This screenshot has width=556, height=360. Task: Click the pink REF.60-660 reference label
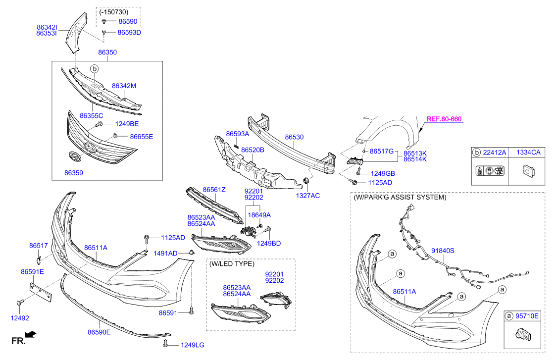[x=444, y=119]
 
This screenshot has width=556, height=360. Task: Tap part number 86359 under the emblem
[x=73, y=173]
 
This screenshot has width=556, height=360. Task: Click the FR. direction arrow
[x=31, y=334]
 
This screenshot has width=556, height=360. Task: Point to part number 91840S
[x=443, y=251]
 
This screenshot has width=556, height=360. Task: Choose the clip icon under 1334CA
[x=528, y=171]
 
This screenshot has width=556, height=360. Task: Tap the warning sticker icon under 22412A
[x=490, y=171]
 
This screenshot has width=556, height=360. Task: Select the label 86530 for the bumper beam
[x=294, y=137]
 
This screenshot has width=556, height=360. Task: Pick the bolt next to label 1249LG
[x=165, y=343]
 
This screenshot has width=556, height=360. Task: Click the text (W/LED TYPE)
[x=232, y=264]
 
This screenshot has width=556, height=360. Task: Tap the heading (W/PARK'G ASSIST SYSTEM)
[x=400, y=197]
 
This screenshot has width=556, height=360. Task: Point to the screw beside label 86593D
[x=104, y=32]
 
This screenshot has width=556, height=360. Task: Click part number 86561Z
[x=214, y=190]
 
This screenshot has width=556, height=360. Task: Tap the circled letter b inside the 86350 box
[x=95, y=68]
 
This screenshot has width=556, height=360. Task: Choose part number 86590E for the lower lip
[x=99, y=332]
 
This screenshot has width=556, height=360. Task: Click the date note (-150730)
[x=113, y=12]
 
